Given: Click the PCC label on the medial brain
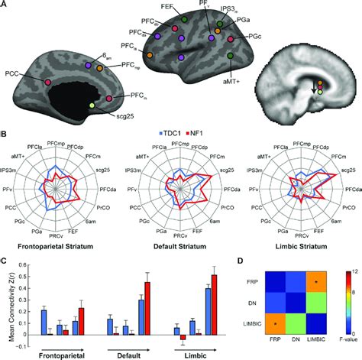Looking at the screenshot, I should click(x=12, y=74).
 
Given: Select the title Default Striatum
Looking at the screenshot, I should click(x=180, y=248).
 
